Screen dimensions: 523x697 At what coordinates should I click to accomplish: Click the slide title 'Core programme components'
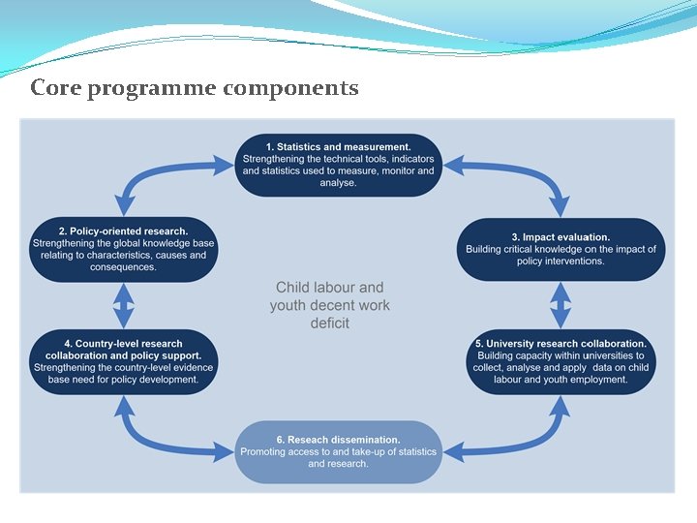[x=195, y=88]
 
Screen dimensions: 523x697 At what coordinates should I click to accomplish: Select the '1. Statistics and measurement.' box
[x=339, y=165]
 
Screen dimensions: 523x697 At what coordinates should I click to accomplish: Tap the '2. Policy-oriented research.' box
[x=123, y=249]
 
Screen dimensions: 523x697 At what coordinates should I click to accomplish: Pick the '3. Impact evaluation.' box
[x=561, y=249]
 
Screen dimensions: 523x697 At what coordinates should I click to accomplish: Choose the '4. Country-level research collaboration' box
[x=123, y=361]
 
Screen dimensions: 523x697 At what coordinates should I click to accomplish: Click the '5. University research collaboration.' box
[x=561, y=361]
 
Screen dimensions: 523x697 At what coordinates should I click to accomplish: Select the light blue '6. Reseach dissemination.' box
[x=339, y=451]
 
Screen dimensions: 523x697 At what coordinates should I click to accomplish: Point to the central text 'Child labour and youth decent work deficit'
[x=330, y=305]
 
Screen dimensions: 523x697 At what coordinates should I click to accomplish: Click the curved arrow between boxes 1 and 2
[x=155, y=174]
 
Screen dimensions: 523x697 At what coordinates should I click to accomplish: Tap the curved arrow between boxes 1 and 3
[x=523, y=174]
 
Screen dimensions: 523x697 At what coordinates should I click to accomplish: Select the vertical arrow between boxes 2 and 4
[x=123, y=305]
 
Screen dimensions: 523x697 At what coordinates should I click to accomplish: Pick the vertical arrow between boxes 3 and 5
[x=561, y=305]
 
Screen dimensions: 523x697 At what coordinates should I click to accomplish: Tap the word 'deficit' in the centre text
[x=330, y=323]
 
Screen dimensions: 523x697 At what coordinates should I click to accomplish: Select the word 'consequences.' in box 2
[x=123, y=267]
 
